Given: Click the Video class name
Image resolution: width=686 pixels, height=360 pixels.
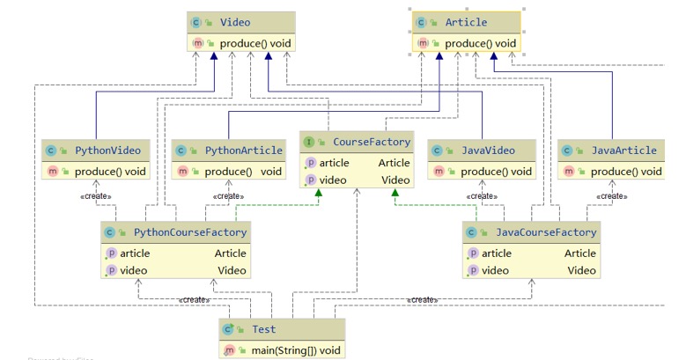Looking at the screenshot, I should (x=236, y=21).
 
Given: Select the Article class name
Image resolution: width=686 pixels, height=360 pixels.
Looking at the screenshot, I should (x=466, y=21).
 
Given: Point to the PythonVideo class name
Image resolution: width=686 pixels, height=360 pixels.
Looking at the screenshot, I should (x=107, y=151).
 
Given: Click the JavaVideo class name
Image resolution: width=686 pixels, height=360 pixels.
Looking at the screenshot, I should (x=488, y=151).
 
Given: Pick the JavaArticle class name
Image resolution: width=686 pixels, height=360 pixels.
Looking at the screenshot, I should (x=624, y=151).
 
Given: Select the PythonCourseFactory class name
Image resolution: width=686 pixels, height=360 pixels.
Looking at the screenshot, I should (x=190, y=232).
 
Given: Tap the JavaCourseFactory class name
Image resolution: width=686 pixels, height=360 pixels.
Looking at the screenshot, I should (x=547, y=232).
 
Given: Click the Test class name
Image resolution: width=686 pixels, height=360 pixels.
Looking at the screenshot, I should (x=263, y=329).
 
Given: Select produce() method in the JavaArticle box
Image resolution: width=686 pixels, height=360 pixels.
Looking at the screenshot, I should (x=625, y=171).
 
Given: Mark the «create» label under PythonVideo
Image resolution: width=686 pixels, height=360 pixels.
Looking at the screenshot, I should (x=94, y=196).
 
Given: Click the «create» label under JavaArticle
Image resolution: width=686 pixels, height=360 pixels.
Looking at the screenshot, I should (x=611, y=196).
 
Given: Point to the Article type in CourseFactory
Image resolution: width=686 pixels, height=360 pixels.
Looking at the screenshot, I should (x=394, y=163).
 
